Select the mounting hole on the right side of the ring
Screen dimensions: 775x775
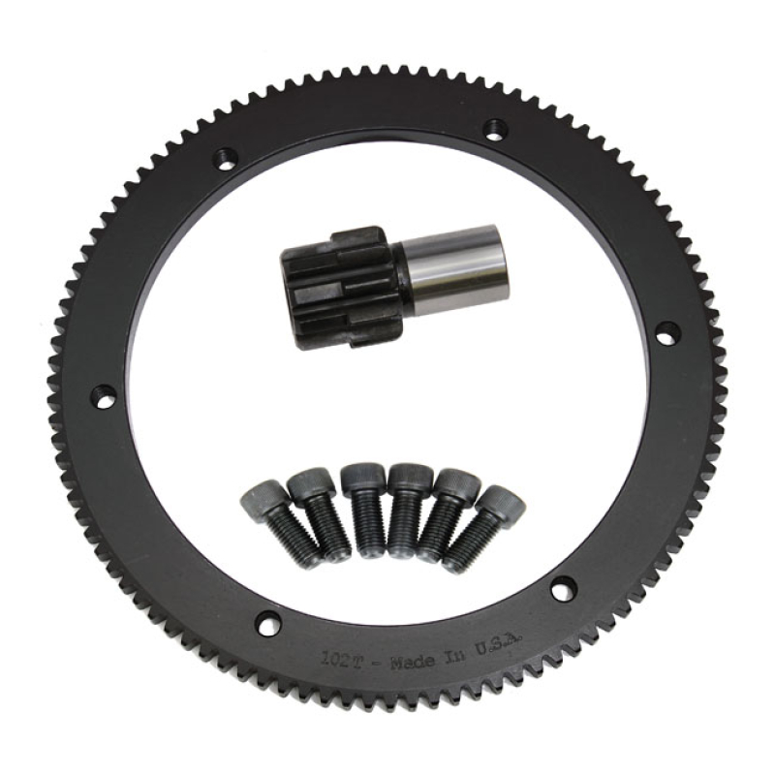668,332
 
